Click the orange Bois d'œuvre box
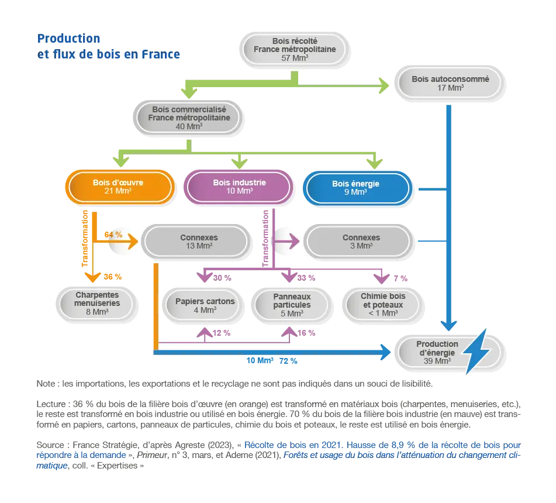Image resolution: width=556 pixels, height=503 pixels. click(120, 187)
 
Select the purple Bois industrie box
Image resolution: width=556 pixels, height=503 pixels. click(239, 187)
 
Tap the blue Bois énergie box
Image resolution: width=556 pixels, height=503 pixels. click(357, 188)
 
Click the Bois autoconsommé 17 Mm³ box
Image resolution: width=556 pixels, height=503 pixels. click(450, 84)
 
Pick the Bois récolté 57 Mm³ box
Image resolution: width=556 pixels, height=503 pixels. click(294, 49)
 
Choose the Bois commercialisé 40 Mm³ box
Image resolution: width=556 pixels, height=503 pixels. click(188, 118)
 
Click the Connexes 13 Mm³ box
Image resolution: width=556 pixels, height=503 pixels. click(196, 242)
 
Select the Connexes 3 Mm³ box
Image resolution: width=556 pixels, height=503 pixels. click(359, 242)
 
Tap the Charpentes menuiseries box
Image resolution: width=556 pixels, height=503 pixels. click(96, 304)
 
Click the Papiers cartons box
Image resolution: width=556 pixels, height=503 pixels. click(203, 305)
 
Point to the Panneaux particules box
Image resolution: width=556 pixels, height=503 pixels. click(292, 305)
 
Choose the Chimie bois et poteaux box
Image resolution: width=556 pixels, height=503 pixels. click(383, 305)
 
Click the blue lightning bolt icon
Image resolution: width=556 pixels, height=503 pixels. click(476, 351)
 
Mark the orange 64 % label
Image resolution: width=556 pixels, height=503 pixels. click(113, 235)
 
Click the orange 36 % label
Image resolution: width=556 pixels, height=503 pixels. click(113, 277)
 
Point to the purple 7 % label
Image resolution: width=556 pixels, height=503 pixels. click(400, 278)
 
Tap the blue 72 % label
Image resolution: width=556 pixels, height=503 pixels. click(288, 361)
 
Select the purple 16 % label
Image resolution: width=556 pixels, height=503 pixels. click(306, 333)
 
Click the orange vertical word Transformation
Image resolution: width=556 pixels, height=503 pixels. click(85, 239)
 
